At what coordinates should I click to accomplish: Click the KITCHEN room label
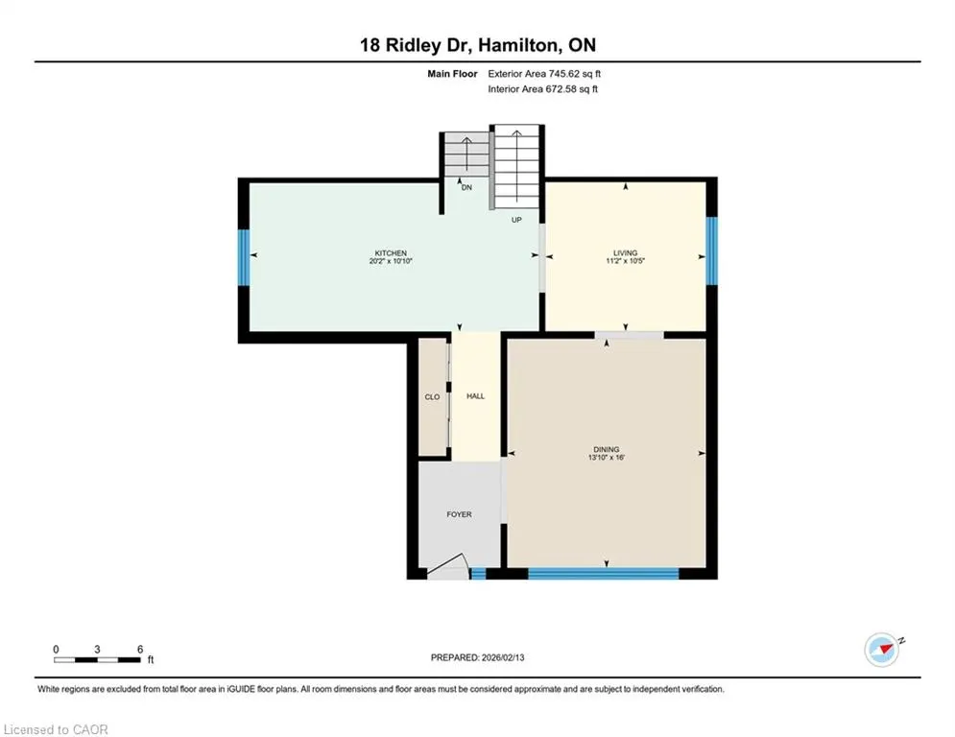coord(391,252)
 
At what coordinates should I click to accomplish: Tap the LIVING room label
coord(625,252)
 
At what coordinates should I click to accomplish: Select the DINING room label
coord(606,449)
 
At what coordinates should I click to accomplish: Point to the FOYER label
coord(459,514)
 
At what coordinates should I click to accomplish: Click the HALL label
coord(476,396)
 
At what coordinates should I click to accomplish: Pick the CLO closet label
coord(432,397)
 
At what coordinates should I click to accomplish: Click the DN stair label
coord(466,187)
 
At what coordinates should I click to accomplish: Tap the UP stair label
coord(516,220)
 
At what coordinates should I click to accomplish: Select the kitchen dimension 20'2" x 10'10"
coord(391,261)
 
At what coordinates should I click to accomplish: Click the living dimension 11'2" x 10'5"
coord(625,261)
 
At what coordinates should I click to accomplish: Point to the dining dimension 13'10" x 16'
coord(606,458)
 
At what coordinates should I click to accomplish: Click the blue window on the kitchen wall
coord(244,257)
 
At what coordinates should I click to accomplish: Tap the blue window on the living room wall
coord(711,251)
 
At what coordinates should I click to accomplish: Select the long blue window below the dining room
coord(603,573)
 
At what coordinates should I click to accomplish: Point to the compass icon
coord(882,650)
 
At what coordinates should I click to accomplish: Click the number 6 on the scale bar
coord(140,650)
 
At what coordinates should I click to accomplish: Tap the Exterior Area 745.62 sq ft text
coord(544,74)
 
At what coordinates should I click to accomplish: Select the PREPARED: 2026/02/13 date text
coord(478,657)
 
